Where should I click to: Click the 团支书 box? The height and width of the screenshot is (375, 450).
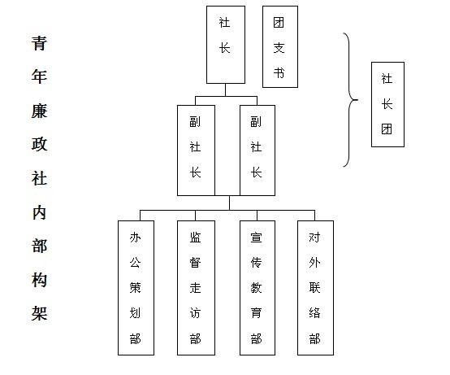click(x=280, y=46)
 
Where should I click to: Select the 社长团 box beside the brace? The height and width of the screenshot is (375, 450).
click(x=387, y=104)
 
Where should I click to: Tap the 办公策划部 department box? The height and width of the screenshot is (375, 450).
click(x=136, y=288)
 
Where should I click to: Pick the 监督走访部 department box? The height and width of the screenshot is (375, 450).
click(x=196, y=288)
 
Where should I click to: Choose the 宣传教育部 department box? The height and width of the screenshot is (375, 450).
click(x=257, y=288)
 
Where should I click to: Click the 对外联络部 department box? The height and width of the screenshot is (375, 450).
click(x=315, y=288)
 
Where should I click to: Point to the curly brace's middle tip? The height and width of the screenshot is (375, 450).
click(x=357, y=100)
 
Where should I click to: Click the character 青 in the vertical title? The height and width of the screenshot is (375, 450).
click(x=39, y=43)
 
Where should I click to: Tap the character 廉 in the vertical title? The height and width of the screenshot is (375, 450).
click(x=39, y=111)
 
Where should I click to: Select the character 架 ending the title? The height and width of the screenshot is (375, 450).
click(x=39, y=313)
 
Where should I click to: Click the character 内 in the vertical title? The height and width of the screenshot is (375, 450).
click(x=39, y=212)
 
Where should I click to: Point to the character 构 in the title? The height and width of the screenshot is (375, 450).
click(x=39, y=280)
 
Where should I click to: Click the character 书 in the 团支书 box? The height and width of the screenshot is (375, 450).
click(x=279, y=72)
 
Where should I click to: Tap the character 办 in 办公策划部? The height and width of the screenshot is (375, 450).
click(x=135, y=238)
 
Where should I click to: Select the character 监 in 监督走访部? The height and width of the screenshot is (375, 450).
click(x=195, y=238)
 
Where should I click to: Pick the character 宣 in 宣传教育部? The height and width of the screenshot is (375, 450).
click(x=256, y=238)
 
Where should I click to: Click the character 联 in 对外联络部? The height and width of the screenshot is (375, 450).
click(x=314, y=288)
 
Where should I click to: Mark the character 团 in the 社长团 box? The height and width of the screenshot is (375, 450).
click(x=387, y=129)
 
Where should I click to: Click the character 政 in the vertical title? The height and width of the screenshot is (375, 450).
click(x=39, y=144)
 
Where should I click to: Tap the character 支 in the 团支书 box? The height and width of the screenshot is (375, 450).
click(x=279, y=48)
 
